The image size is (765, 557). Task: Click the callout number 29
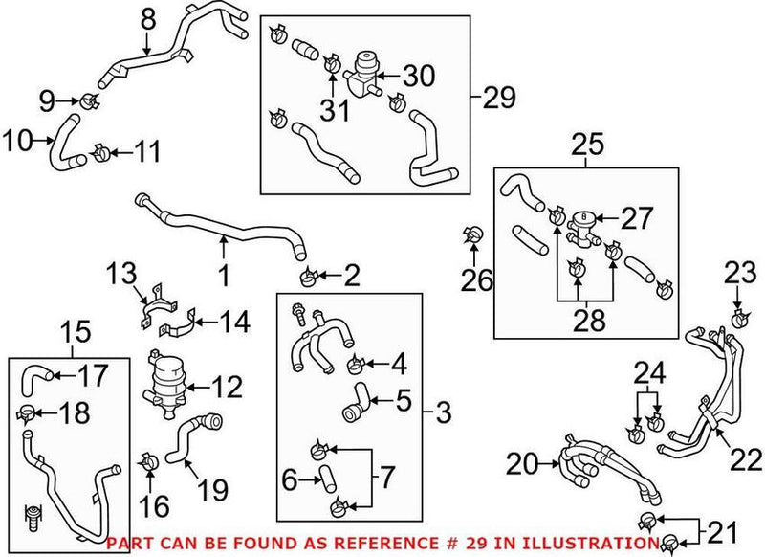(500, 98)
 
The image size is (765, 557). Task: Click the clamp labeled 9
(85, 100)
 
